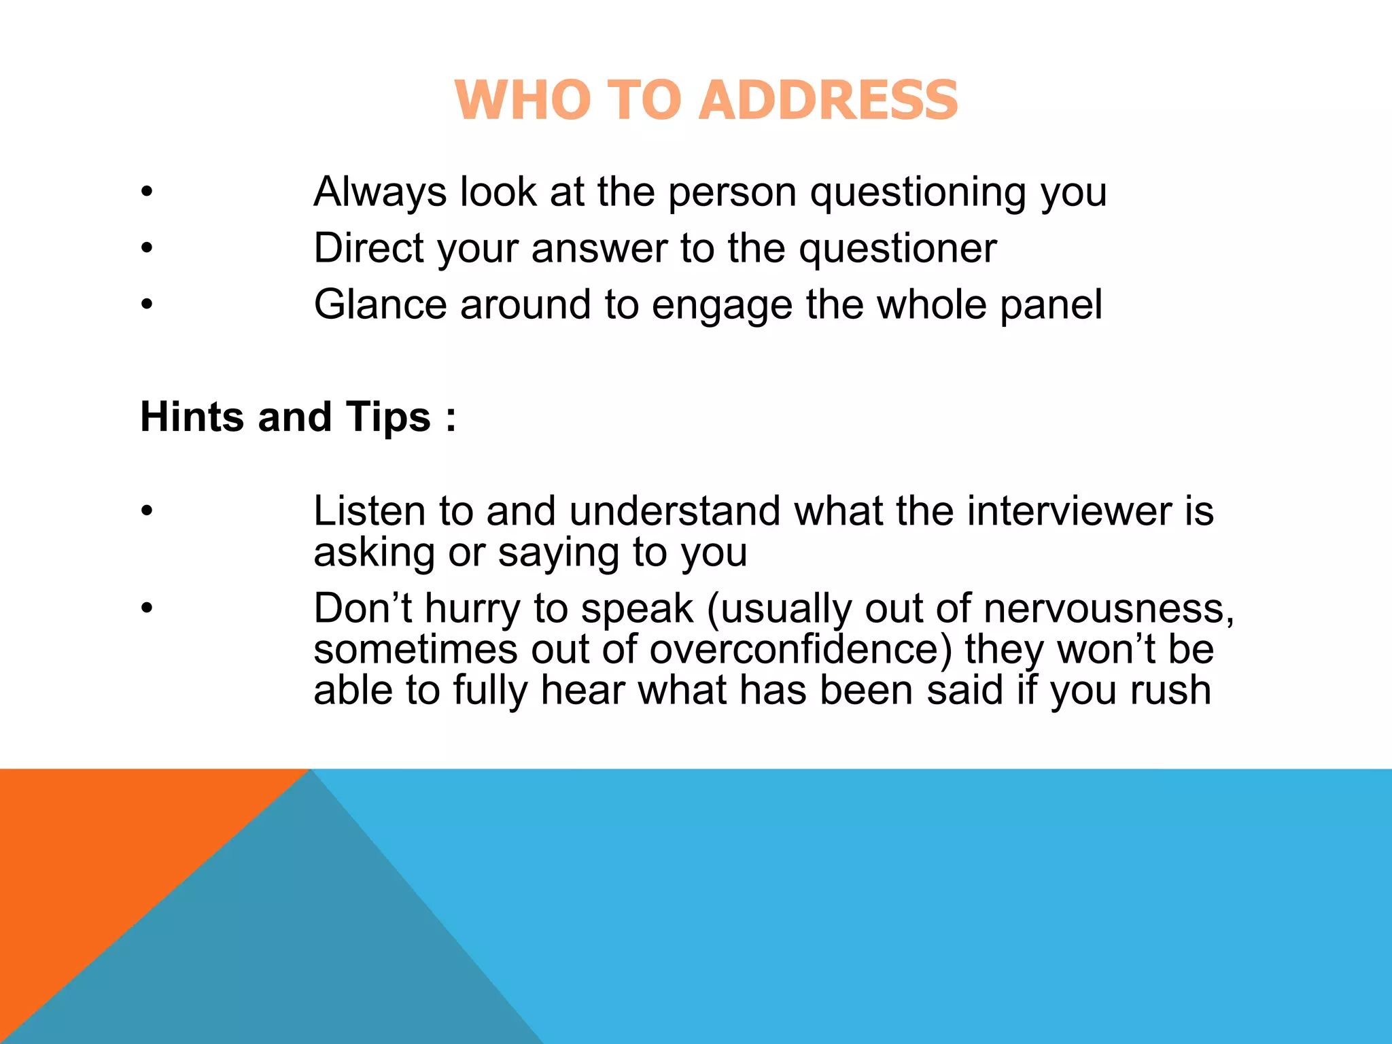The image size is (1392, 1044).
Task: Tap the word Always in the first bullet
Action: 379,192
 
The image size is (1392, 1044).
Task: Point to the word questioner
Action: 898,249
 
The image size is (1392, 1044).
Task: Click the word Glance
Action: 379,304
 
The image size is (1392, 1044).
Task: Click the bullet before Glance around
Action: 147,304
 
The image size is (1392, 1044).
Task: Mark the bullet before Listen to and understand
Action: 147,511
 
